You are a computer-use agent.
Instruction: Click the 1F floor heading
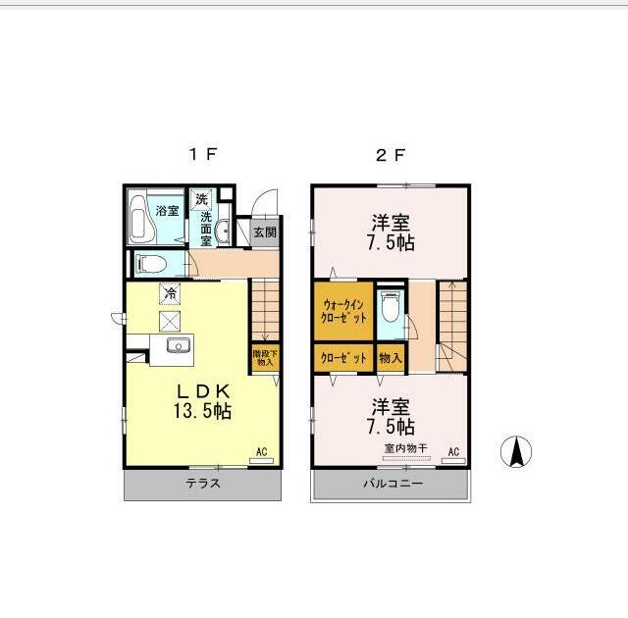203,154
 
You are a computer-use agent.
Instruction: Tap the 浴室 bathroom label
167,210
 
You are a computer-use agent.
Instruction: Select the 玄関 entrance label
264,233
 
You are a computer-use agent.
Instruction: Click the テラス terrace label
202,484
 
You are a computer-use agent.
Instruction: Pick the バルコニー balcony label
392,484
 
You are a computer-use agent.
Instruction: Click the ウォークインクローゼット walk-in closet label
344,312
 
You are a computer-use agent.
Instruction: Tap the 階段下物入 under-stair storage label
264,357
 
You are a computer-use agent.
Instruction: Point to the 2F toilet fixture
390,309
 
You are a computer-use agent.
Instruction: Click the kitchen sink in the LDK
179,345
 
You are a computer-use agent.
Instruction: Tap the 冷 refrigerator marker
170,292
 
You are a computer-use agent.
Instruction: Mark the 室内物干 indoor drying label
405,448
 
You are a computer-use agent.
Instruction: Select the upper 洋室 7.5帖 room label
391,231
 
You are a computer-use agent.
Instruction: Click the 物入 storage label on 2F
390,358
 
